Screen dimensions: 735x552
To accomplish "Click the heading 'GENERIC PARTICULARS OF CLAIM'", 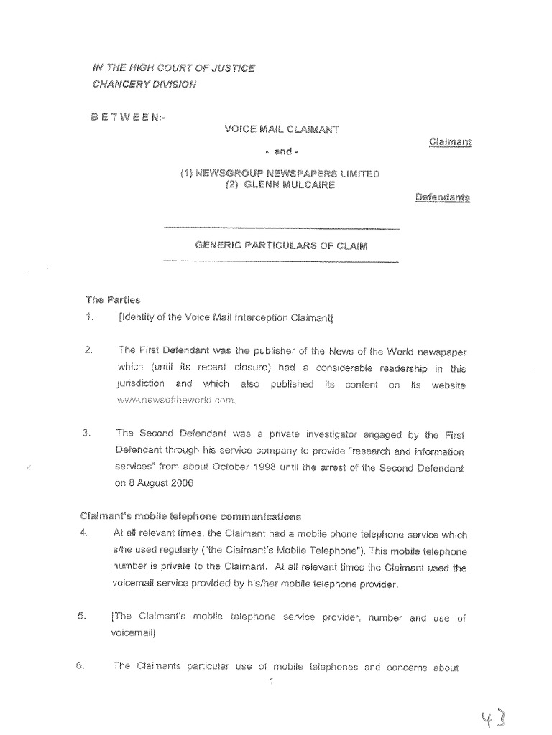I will tap(281, 245).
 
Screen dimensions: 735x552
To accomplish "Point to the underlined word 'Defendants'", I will tap(442, 196).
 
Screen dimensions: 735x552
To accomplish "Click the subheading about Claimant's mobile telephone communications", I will tap(190, 516).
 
